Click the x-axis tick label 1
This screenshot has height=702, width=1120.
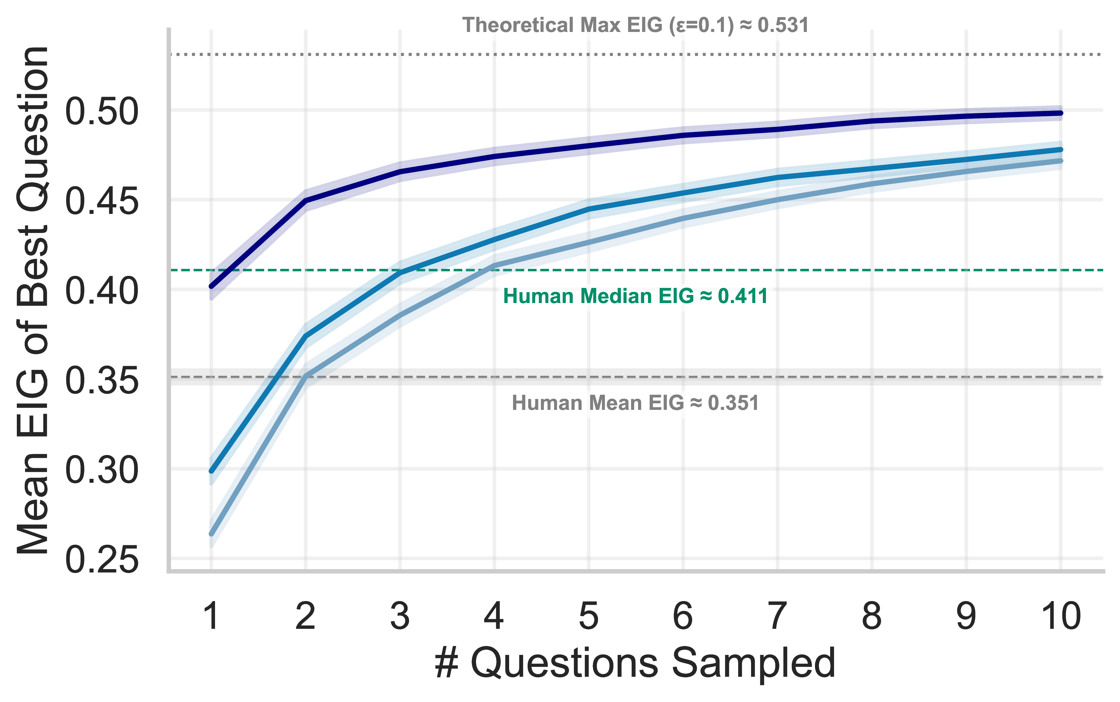(212, 616)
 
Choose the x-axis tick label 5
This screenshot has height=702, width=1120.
(588, 616)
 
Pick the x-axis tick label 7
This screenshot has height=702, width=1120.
(777, 616)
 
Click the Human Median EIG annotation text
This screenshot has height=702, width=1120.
(635, 296)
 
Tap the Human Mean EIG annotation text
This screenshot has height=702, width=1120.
(635, 403)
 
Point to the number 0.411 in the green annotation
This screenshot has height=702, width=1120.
(743, 296)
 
